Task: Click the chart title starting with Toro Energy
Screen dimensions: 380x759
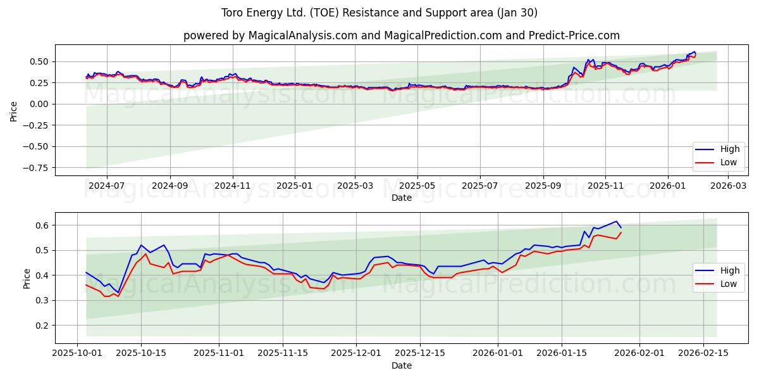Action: pos(379,13)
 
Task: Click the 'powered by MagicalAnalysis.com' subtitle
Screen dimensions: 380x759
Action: pos(402,35)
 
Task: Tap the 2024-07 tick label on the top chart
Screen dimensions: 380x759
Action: pos(106,186)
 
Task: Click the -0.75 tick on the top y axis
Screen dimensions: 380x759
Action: pos(37,168)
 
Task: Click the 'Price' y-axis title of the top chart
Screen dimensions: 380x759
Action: pos(14,110)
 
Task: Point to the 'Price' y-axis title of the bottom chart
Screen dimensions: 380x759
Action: pos(27,278)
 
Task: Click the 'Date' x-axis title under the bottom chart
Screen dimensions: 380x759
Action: pos(402,365)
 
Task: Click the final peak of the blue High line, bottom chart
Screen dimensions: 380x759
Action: pos(616,221)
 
